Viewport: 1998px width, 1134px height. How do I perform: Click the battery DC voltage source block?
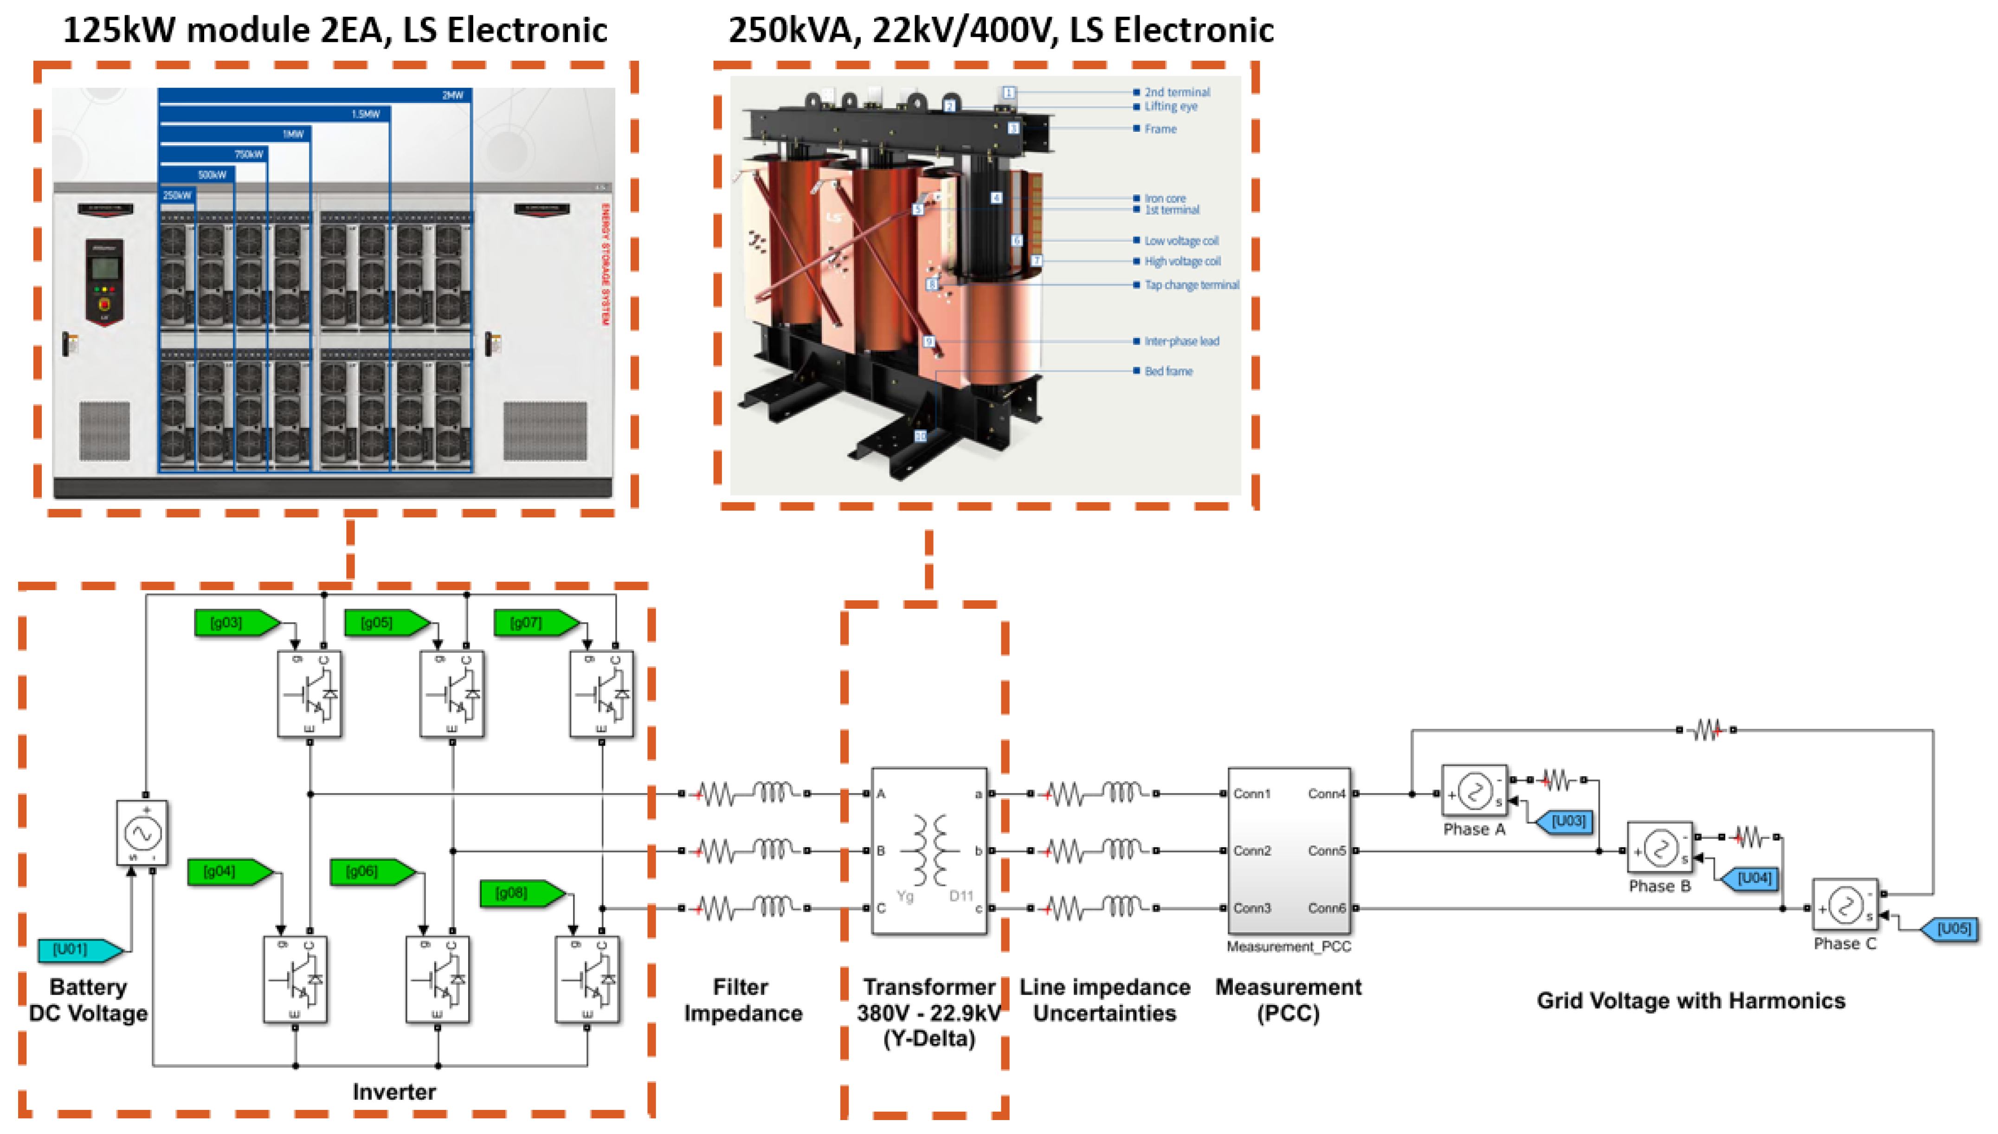pos(142,832)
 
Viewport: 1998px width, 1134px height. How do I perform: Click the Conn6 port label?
pos(1327,908)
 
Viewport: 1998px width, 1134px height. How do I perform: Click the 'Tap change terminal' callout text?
pos(1191,285)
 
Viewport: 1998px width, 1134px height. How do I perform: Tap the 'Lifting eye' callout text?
pos(1170,107)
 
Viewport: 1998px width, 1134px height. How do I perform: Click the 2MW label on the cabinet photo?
pos(452,95)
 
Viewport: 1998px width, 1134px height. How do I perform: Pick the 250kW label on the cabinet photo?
pos(177,195)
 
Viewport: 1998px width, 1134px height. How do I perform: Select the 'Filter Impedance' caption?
pos(742,1000)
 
